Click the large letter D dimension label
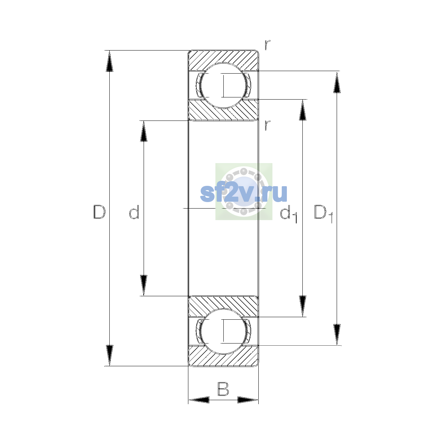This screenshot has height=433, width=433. pyautogui.click(x=99, y=212)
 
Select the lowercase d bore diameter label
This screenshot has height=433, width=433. pyautogui.click(x=134, y=212)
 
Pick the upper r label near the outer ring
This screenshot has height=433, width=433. pyautogui.click(x=267, y=45)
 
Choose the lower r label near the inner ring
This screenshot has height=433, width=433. pyautogui.click(x=267, y=125)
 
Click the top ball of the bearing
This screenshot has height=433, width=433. pyautogui.click(x=223, y=86)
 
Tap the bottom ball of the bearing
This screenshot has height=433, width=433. pyautogui.click(x=223, y=331)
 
